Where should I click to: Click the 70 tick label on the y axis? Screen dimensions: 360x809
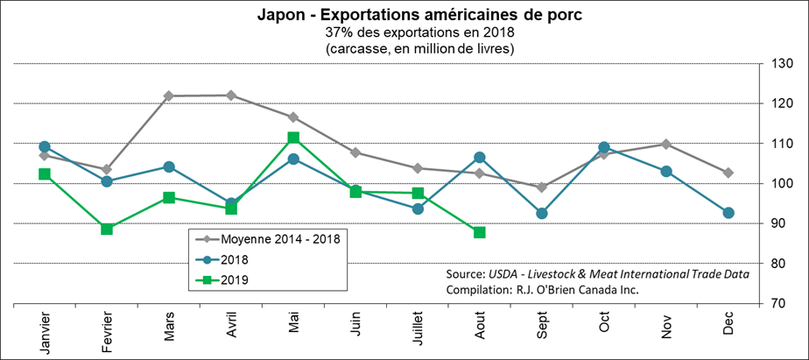(x=779, y=304)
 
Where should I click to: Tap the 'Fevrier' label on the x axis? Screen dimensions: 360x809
(x=106, y=332)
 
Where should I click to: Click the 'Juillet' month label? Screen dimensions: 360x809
(x=418, y=332)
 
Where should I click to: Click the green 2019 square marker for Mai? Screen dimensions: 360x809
(x=293, y=138)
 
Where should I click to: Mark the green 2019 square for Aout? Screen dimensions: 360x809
(x=480, y=232)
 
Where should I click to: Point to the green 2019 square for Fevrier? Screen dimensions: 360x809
(x=106, y=229)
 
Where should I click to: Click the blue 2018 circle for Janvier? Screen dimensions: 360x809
(x=45, y=146)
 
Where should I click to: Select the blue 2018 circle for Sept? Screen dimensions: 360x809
(x=542, y=213)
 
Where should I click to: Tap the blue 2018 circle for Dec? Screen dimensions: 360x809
(x=728, y=213)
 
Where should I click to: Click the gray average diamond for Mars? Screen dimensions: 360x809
(x=169, y=95)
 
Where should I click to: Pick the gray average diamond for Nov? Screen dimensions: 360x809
(x=666, y=144)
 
